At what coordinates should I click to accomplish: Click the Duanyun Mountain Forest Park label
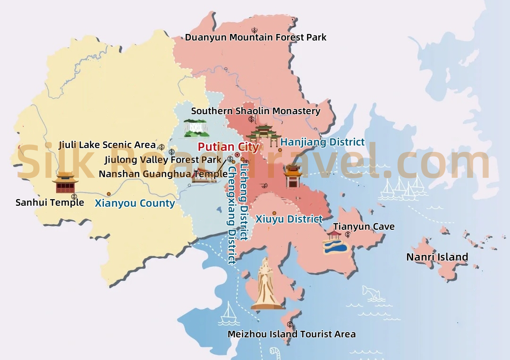click(x=255, y=37)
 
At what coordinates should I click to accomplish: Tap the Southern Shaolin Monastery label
click(x=255, y=111)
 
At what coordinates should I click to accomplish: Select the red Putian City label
click(x=228, y=147)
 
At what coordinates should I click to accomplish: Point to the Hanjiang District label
click(x=323, y=142)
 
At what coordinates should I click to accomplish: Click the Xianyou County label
click(x=135, y=204)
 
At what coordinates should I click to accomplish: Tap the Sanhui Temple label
click(x=50, y=203)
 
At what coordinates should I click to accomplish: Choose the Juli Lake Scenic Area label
click(x=107, y=145)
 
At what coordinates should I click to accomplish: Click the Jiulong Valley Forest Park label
click(x=163, y=160)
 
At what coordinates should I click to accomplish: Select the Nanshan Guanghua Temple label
click(x=163, y=174)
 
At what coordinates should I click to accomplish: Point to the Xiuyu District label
click(x=289, y=219)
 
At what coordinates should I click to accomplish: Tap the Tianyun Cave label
click(x=364, y=227)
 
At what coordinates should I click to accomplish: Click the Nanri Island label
click(x=437, y=257)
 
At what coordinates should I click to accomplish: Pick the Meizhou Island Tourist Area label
click(x=291, y=334)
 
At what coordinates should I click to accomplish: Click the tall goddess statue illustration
click(x=266, y=285)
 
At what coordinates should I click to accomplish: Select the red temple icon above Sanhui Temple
click(x=65, y=183)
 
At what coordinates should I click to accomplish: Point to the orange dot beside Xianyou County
click(x=109, y=194)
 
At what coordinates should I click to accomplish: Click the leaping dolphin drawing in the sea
click(x=373, y=293)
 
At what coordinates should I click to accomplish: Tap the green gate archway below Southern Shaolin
click(x=263, y=134)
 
